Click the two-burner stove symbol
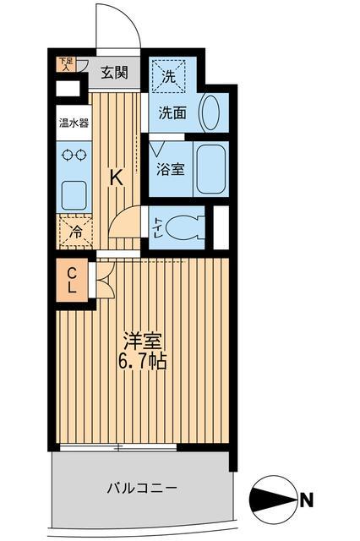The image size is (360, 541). click(x=73, y=156)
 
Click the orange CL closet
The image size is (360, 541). click(x=73, y=279)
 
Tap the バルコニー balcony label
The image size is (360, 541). click(x=141, y=488)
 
